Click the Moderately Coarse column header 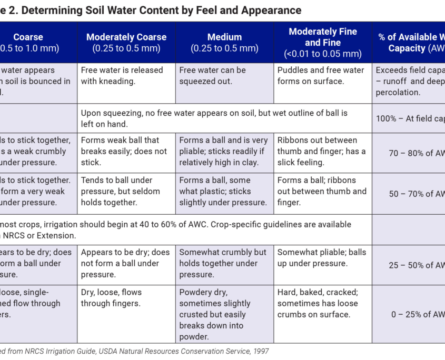coord(126,43)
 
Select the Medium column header coord(224,43)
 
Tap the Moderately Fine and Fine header coord(323,43)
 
